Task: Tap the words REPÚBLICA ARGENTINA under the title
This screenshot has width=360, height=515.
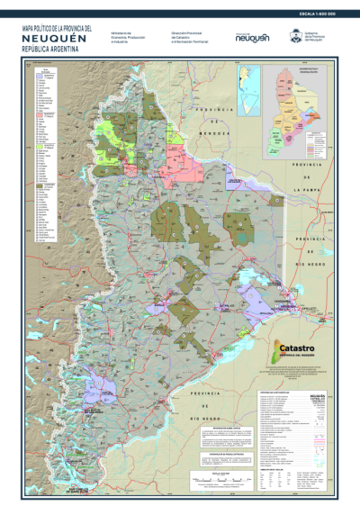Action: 52,50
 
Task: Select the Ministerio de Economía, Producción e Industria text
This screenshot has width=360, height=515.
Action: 127,37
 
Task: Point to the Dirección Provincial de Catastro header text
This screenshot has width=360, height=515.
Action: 188,37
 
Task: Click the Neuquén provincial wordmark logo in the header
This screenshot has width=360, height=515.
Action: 252,38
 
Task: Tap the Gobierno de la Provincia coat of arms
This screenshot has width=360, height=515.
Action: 293,37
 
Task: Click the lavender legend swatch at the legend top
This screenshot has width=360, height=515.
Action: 38,78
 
